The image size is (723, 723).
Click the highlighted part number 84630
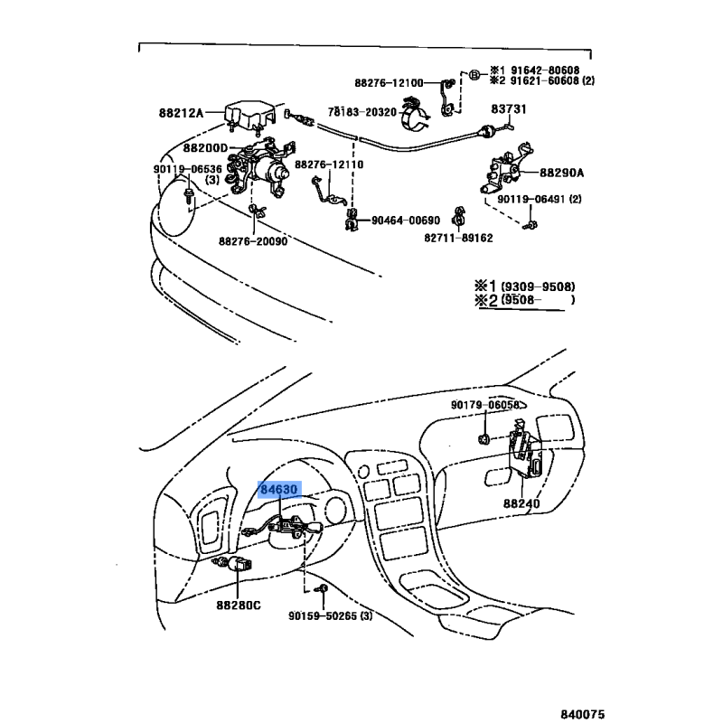click(278, 491)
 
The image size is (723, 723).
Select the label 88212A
click(181, 113)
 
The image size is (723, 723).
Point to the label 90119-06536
click(187, 169)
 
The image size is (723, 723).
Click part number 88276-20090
click(252, 240)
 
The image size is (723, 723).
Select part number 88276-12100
click(388, 83)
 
